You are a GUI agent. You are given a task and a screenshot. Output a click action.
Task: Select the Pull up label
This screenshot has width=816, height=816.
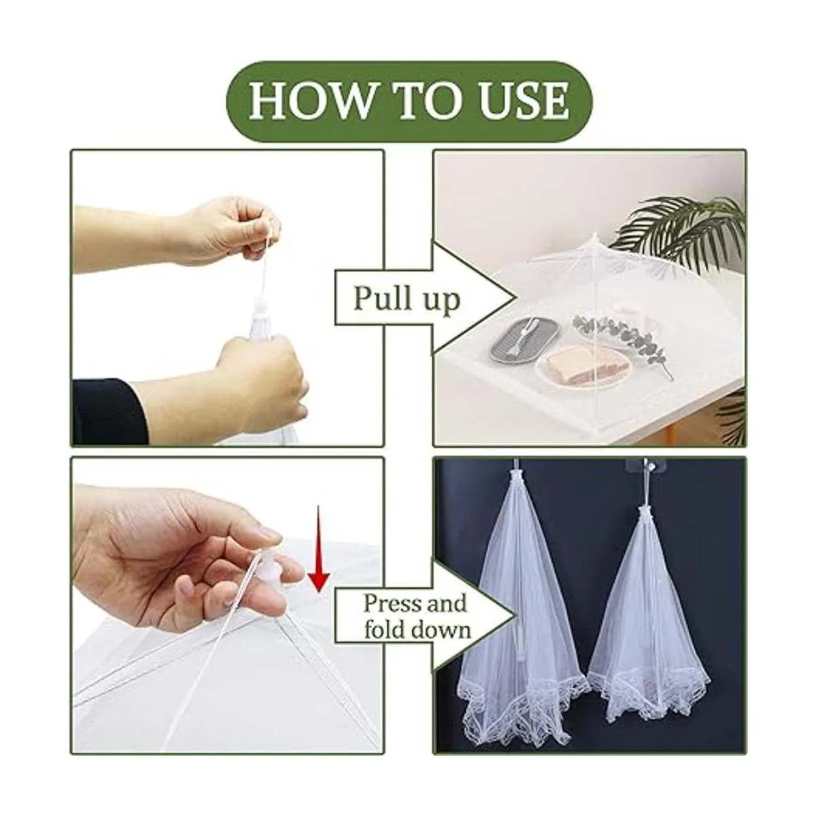pos(407,299)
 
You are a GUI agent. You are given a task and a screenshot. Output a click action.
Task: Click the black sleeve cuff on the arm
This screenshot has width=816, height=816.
pos(110,410)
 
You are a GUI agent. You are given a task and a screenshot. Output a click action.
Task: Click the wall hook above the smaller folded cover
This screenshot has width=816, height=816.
pos(643,467)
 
